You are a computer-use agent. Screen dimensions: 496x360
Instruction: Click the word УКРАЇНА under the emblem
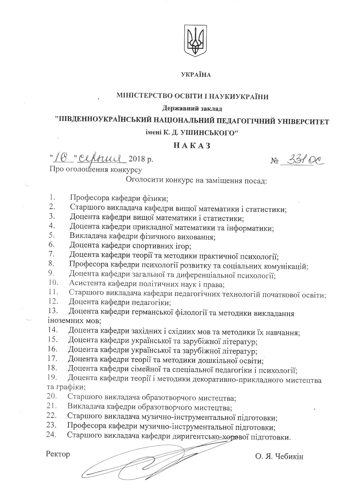click(x=196, y=75)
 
